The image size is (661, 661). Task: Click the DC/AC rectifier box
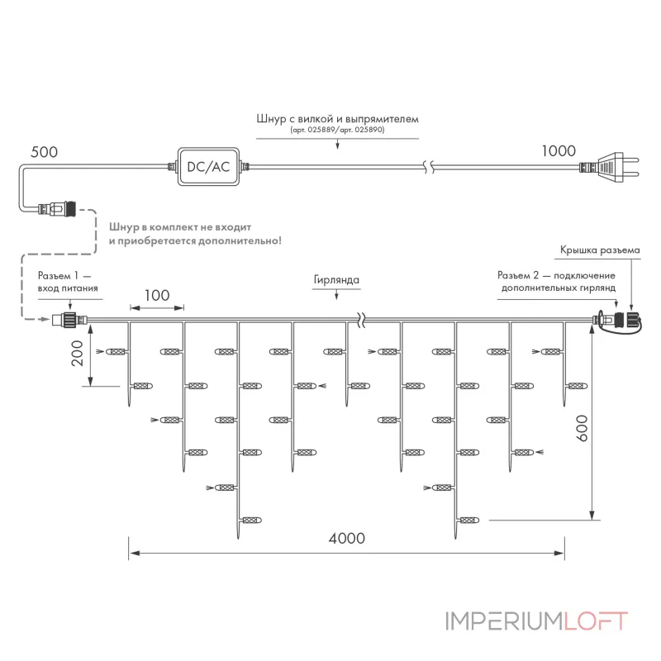pyautogui.click(x=208, y=167)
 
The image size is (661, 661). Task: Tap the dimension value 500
pyautogui.click(x=45, y=152)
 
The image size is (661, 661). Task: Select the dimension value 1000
pyautogui.click(x=559, y=151)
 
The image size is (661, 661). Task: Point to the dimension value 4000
pyautogui.click(x=346, y=539)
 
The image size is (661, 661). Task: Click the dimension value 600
pyautogui.click(x=582, y=428)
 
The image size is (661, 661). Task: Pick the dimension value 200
pyautogui.click(x=77, y=354)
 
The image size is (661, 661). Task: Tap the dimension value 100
pyautogui.click(x=157, y=295)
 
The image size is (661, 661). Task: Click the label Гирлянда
pyautogui.click(x=336, y=280)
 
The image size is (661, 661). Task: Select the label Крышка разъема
pyautogui.click(x=600, y=250)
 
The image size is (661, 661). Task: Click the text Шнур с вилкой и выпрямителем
pyautogui.click(x=337, y=118)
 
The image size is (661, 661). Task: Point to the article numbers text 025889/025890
pyautogui.click(x=337, y=130)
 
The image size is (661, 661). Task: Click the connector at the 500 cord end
pyautogui.click(x=57, y=209)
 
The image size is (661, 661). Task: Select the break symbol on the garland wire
pyautogui.click(x=361, y=321)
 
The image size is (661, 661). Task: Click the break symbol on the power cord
pyautogui.click(x=429, y=167)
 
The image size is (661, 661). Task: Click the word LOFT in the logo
pyautogui.click(x=596, y=621)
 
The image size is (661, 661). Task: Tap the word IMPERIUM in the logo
pyautogui.click(x=505, y=621)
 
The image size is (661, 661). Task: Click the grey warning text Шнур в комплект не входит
pyautogui.click(x=180, y=227)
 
